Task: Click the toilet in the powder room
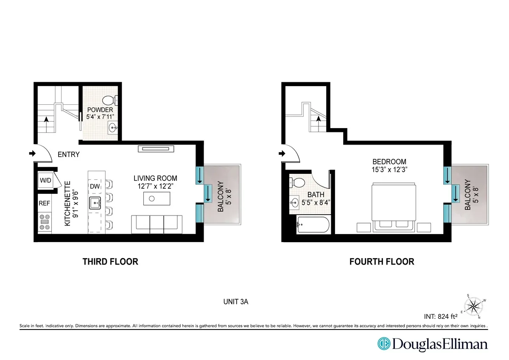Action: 111,100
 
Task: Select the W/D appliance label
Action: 45,181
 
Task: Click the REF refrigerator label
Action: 45,204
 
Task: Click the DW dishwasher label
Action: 95,186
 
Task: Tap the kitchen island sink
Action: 95,203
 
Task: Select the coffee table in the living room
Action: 157,198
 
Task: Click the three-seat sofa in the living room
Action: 157,224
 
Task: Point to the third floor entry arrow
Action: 31,153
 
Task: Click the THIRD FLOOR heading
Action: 110,262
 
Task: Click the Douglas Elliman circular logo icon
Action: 384,344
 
